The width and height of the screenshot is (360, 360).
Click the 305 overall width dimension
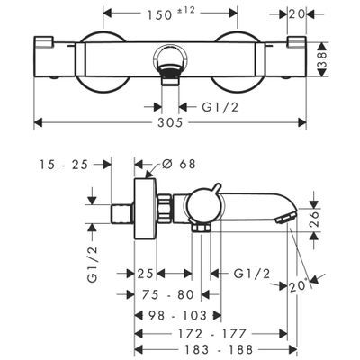(x=170, y=122)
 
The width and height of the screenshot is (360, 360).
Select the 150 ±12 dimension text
(x=171, y=14)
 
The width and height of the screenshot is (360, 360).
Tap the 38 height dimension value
(x=322, y=59)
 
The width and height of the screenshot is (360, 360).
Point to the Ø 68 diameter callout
(x=179, y=164)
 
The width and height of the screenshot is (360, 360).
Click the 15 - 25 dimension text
(x=64, y=165)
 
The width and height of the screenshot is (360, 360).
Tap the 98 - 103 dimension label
(x=182, y=315)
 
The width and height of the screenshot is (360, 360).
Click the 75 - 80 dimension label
(x=168, y=294)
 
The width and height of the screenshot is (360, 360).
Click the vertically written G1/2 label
(x=93, y=264)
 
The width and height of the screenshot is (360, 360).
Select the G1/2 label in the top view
(x=220, y=107)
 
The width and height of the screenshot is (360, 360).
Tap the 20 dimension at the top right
(x=297, y=13)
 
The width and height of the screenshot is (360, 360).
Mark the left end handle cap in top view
(x=44, y=41)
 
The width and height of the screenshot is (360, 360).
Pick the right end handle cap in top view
(x=297, y=41)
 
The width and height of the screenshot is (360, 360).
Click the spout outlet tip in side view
(x=284, y=218)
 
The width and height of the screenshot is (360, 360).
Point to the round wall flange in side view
(x=145, y=209)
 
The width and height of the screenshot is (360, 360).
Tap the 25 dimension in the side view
(x=145, y=274)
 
